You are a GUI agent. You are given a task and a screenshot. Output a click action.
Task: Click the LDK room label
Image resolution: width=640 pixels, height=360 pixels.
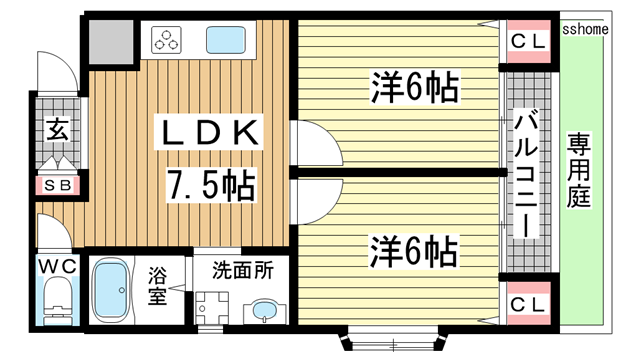pos(209,132)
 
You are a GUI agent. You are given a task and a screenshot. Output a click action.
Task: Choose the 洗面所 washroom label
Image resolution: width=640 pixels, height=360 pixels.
pos(241,269)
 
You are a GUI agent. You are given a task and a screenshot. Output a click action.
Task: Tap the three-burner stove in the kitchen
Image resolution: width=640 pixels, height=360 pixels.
pos(167,40)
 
